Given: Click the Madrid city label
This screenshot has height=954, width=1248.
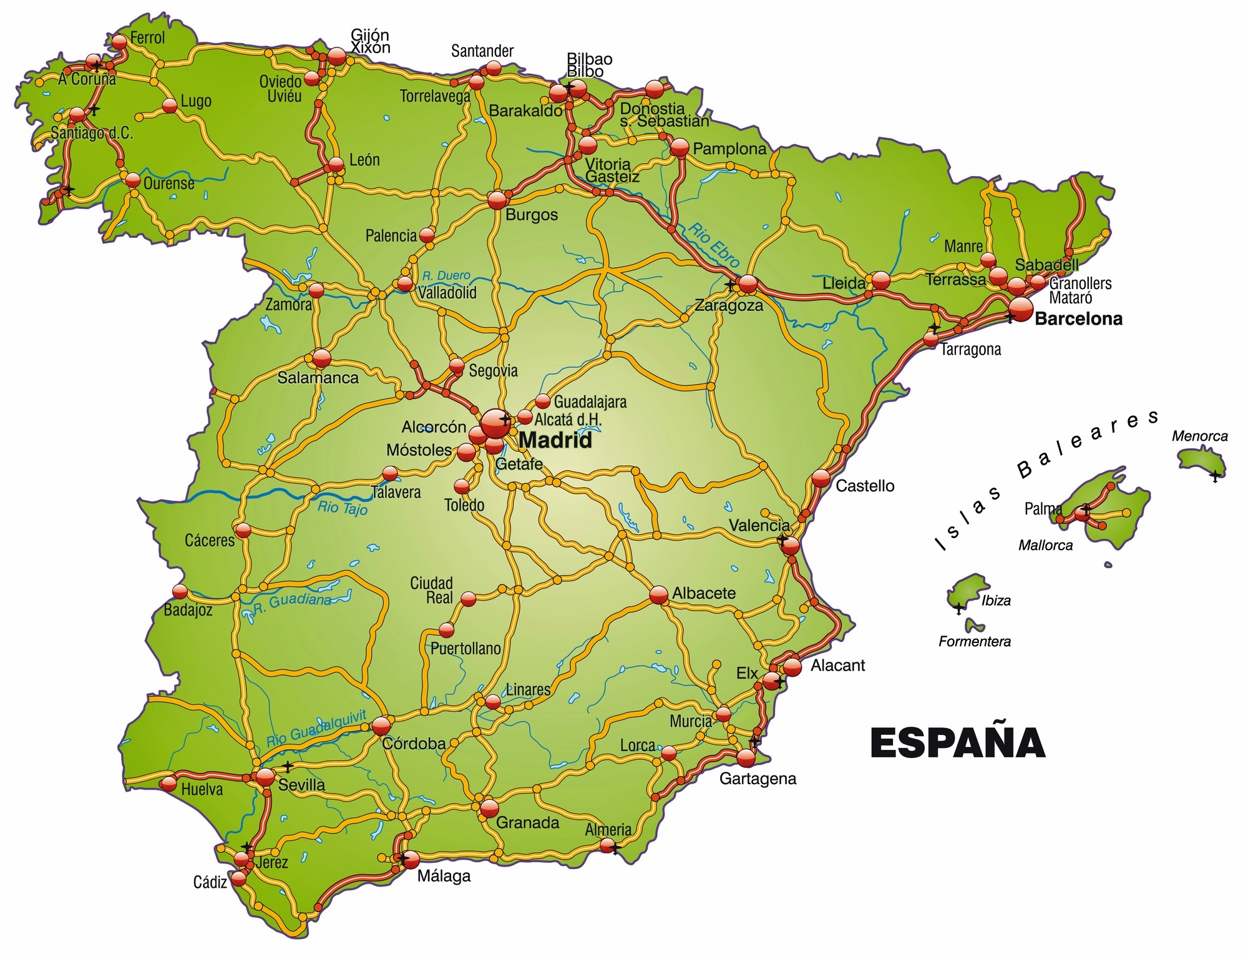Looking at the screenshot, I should point(555,441).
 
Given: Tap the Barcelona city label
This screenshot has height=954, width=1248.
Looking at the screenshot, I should point(1078,319).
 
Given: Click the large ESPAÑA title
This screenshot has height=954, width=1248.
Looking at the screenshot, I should point(957,742).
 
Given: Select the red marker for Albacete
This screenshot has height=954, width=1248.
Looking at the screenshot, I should point(659,595).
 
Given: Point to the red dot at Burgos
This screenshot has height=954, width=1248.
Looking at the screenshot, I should point(497,200).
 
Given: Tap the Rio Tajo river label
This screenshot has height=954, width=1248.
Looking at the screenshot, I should point(342,508).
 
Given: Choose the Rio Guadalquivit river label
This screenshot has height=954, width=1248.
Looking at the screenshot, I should point(316,729).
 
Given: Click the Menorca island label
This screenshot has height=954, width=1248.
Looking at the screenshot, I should point(1199,436).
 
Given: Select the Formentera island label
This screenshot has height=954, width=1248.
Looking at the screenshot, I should point(974,641).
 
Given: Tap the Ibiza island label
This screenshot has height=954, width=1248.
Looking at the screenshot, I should point(996,601).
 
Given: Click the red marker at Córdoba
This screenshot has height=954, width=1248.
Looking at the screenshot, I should point(381,725).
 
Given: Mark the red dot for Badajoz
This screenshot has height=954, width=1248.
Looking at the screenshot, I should point(180,591).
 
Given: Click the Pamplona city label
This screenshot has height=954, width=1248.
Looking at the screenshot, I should point(729,149).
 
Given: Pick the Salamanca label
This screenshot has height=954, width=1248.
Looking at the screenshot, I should point(318,378).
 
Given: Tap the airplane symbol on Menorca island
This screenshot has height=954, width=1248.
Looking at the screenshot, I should point(1214,476).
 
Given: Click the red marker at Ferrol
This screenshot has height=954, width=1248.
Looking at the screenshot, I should point(119,41).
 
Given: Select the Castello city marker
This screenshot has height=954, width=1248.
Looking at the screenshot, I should point(821,478).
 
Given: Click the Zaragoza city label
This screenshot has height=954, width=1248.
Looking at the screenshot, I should point(729,306).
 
